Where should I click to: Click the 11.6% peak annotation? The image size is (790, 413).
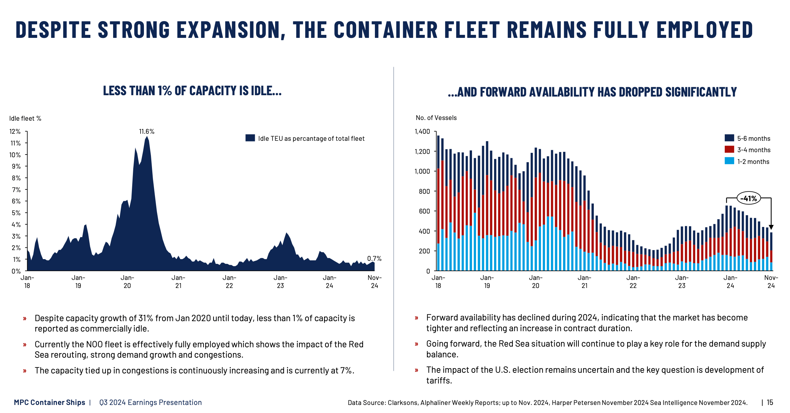[147, 131]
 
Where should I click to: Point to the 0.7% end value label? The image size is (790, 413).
[374, 258]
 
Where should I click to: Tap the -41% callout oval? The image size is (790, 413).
[748, 198]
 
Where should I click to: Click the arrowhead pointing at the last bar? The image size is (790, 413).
[771, 227]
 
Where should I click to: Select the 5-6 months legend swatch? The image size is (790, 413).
[729, 138]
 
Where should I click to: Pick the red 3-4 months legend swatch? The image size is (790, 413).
[729, 150]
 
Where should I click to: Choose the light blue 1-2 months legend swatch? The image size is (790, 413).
[729, 161]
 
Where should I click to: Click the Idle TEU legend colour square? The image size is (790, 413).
[250, 138]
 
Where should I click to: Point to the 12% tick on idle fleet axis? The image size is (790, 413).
[15, 131]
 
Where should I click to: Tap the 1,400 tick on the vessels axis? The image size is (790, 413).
[422, 131]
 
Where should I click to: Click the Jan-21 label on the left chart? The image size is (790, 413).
[178, 282]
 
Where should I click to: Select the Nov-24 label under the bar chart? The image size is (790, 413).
[771, 282]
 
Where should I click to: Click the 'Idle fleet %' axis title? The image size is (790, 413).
[25, 118]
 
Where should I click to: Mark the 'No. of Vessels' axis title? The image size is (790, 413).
[436, 118]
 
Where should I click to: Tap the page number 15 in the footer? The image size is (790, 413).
[770, 402]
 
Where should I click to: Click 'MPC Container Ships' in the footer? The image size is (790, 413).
[50, 402]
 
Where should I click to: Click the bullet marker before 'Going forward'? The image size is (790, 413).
[416, 344]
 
